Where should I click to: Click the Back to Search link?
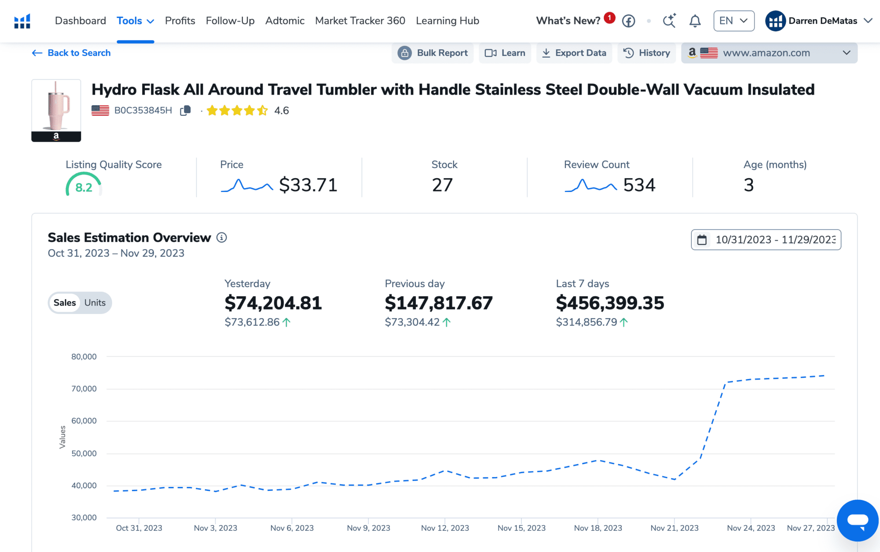(x=71, y=53)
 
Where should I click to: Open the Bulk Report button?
(x=433, y=53)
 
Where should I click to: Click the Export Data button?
(x=574, y=53)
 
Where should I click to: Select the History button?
(x=646, y=53)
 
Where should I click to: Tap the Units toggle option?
(x=95, y=303)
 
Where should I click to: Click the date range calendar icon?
(x=702, y=240)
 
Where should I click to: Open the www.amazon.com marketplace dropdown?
(x=769, y=53)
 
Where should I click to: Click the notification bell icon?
(x=695, y=21)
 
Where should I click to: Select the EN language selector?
(x=733, y=21)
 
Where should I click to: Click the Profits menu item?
(x=180, y=21)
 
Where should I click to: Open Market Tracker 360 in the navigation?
(x=360, y=21)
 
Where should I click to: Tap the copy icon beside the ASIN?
(x=185, y=110)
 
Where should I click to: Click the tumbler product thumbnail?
(x=56, y=110)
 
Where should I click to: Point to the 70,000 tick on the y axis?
(x=84, y=389)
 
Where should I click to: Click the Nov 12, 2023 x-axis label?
(x=445, y=528)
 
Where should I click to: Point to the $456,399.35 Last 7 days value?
(x=610, y=303)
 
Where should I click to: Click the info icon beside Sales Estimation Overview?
(x=222, y=238)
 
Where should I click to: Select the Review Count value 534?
(x=639, y=185)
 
